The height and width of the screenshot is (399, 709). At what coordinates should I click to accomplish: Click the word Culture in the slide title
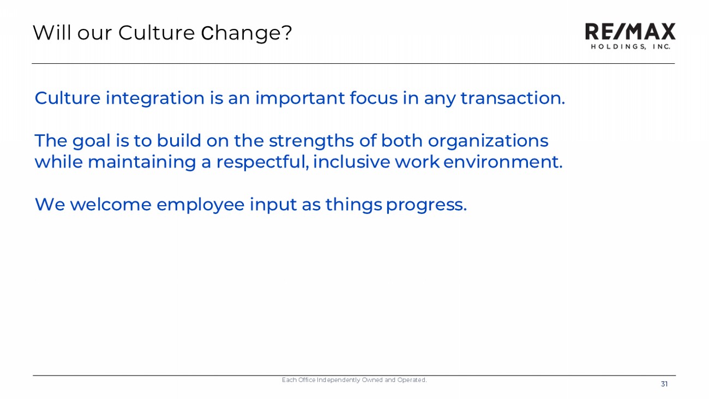(x=157, y=33)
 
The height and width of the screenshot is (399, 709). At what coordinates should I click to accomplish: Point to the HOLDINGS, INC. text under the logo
(x=630, y=46)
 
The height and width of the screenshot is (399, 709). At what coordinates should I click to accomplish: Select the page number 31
(x=664, y=384)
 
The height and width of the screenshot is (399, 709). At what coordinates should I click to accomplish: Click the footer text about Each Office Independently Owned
(x=354, y=380)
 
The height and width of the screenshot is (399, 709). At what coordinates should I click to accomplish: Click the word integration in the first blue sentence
(x=155, y=98)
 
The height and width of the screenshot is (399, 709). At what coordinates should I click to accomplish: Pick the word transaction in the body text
(x=513, y=98)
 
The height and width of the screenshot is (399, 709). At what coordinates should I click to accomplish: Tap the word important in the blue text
(x=300, y=98)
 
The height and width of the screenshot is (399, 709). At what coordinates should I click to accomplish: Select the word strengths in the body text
(x=311, y=141)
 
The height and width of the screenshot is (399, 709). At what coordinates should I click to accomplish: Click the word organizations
(x=488, y=141)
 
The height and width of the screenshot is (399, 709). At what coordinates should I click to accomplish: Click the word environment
(x=503, y=162)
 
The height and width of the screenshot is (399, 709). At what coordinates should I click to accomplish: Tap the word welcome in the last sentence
(x=111, y=204)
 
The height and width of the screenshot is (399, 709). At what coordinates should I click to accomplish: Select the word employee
(x=201, y=205)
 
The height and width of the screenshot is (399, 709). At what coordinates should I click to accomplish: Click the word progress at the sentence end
(x=426, y=205)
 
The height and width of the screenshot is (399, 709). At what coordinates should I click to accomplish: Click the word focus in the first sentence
(x=374, y=98)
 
